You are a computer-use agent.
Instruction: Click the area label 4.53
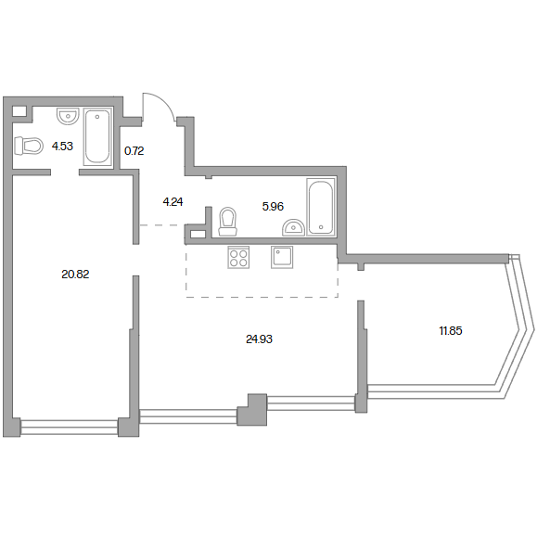click(62, 147)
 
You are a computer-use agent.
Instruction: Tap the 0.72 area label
click(134, 150)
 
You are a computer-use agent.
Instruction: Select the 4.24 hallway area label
click(173, 201)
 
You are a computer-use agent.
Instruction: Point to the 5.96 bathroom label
click(273, 206)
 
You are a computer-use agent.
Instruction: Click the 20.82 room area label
click(75, 274)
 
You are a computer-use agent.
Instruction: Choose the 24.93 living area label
click(260, 339)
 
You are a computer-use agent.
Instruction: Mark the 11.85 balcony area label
click(451, 330)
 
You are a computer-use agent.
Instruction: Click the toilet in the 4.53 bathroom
click(29, 146)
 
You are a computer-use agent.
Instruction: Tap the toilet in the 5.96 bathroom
click(228, 222)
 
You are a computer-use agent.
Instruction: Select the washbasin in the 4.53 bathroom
click(68, 117)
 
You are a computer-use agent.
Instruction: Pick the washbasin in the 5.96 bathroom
click(293, 228)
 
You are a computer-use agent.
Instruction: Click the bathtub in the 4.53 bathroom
click(98, 136)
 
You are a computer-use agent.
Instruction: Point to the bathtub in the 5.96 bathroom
click(321, 207)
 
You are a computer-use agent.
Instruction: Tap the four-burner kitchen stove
click(238, 258)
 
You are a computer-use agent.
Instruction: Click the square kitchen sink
click(282, 257)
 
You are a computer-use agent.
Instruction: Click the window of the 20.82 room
click(69, 427)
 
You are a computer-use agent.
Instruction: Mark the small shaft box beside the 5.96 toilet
click(198, 235)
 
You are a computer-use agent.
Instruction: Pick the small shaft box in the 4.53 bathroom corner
click(19, 111)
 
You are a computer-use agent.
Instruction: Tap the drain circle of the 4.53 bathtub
click(97, 117)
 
